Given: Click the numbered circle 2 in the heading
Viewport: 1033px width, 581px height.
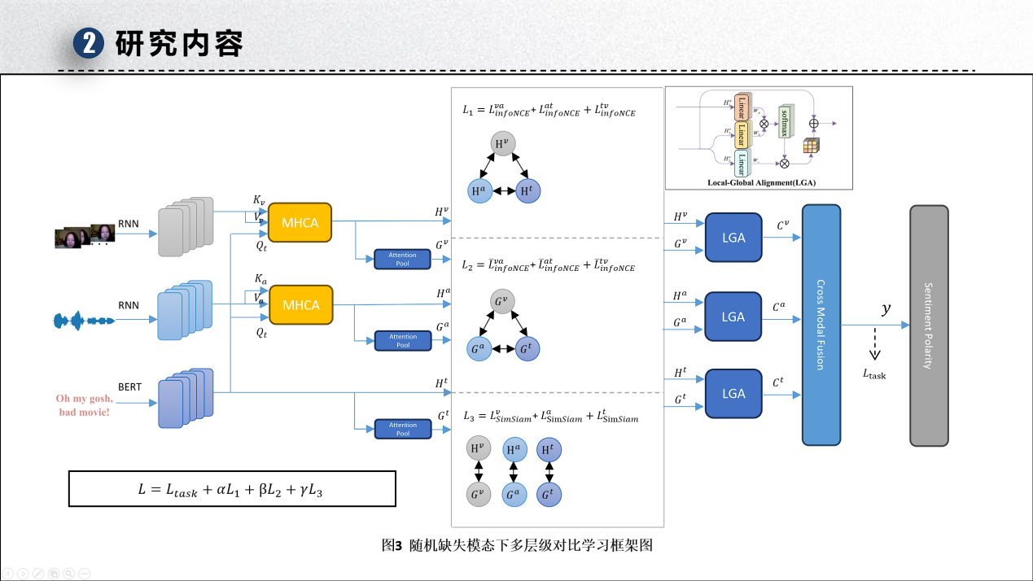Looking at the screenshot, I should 88,43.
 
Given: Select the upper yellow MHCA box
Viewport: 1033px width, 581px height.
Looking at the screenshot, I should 300,223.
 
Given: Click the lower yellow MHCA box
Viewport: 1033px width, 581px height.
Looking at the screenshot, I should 300,305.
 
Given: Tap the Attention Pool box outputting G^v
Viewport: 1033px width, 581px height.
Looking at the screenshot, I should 402,260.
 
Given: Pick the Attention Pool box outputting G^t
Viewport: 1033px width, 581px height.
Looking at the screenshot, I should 402,429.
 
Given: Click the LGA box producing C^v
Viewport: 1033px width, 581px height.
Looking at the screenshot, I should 733,238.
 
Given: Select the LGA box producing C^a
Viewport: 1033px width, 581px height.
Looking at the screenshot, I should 733,317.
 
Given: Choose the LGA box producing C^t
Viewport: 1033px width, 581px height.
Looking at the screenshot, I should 733,394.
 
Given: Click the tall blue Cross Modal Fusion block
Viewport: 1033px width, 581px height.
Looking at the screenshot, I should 821,325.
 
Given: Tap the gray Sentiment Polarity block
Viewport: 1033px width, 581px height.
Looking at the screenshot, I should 929,325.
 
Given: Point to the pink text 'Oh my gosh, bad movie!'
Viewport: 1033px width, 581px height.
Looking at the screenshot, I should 84,405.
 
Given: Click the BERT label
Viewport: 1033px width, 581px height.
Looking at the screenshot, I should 129,387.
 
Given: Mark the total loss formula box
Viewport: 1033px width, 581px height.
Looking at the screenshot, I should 232,489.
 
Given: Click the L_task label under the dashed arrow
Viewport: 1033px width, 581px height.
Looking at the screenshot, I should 874,374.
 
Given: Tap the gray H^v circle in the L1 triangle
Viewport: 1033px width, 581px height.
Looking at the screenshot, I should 502,146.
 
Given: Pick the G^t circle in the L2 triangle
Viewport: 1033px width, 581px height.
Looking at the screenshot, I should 527,348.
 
